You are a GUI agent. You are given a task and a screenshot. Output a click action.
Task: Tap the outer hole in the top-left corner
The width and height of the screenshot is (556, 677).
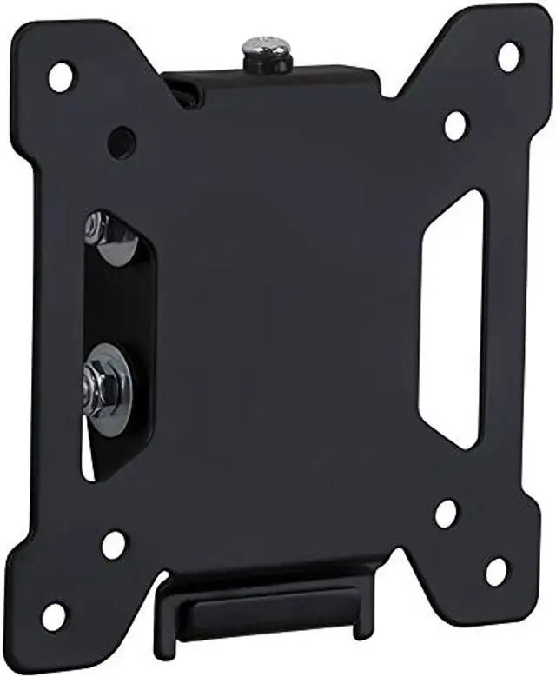[x=62, y=77]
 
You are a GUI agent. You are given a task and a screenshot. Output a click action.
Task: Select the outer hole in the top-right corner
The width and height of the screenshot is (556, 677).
[x=508, y=56]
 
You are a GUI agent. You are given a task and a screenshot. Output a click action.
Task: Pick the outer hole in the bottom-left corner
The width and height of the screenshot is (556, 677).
[x=54, y=616]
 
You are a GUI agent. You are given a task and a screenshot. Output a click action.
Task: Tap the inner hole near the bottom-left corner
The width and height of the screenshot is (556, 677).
[x=114, y=545]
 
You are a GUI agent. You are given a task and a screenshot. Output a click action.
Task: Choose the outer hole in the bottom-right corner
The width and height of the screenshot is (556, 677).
[x=496, y=572]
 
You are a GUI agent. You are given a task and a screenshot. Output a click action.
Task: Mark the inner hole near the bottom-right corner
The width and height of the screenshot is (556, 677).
[x=447, y=513]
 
